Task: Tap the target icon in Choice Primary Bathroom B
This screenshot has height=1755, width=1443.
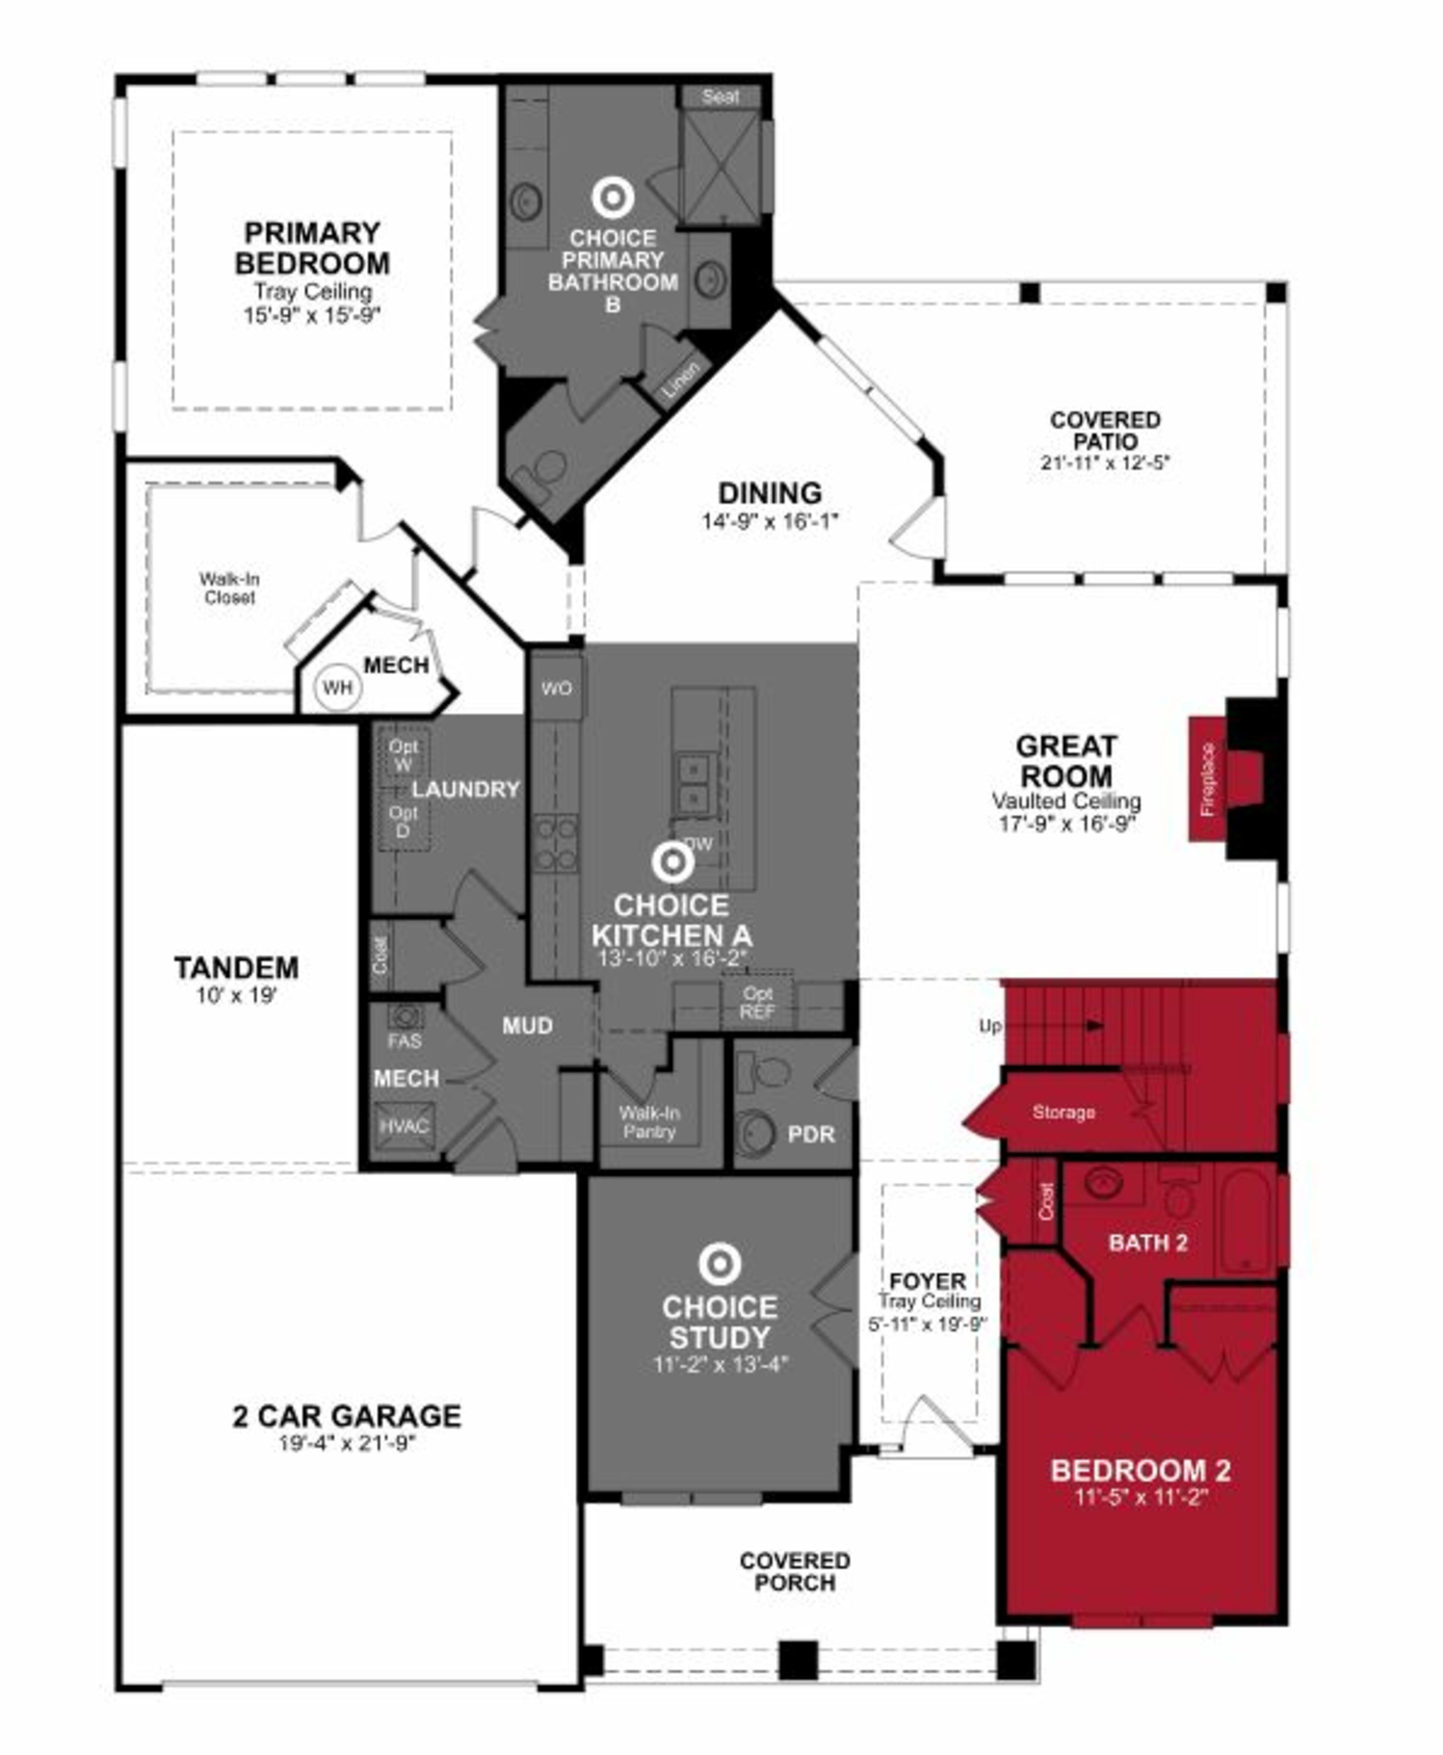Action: coord(613,198)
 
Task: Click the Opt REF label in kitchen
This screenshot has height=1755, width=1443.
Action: coord(757,1002)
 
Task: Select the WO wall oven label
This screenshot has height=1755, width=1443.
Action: coord(556,688)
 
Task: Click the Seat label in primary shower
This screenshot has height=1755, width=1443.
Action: coord(720,97)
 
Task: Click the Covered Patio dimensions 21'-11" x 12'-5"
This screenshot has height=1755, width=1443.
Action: coord(1105,463)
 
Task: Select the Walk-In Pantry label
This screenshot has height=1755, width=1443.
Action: coord(649,1122)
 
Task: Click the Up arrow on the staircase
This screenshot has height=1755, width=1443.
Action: coord(1093,1025)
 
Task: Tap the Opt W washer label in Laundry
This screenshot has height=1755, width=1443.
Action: coord(403,754)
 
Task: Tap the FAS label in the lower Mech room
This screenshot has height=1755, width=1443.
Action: coord(404,1040)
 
